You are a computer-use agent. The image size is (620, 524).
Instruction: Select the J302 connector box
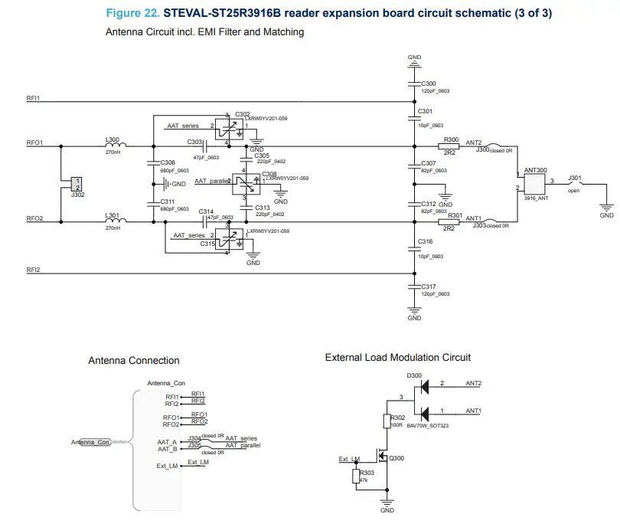tap(76, 184)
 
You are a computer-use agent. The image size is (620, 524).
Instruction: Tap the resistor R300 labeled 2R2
tap(449, 146)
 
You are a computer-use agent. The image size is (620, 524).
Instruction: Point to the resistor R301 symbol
tap(449, 221)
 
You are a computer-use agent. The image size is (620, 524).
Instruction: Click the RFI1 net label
tap(33, 97)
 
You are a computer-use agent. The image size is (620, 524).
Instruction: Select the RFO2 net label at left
tap(34, 218)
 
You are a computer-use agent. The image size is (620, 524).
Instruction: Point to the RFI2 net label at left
tap(33, 270)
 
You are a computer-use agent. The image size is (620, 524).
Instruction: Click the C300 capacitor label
tap(428, 83)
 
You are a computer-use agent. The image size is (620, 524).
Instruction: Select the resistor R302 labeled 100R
tap(387, 421)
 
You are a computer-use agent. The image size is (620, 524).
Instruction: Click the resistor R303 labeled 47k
tap(357, 477)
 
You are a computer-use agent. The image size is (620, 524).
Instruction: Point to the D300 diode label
tap(414, 375)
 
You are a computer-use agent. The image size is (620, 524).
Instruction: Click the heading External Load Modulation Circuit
tap(397, 357)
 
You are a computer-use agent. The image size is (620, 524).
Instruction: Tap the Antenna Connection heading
tap(134, 360)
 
